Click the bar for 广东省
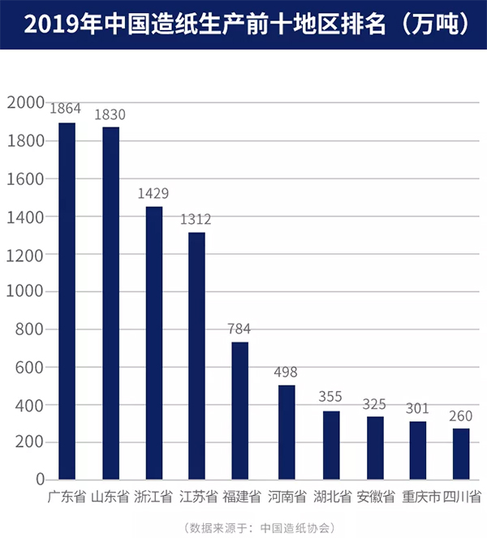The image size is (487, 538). click(x=67, y=301)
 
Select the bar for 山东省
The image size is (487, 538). click(x=110, y=303)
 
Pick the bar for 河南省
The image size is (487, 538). click(x=286, y=432)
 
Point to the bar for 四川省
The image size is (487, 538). click(x=460, y=454)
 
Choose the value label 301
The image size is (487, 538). click(x=417, y=407)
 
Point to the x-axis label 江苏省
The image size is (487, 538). click(x=197, y=497)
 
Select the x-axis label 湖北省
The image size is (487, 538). click(x=331, y=497)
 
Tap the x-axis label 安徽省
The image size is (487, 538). click(x=375, y=497)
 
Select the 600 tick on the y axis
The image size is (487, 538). click(x=28, y=367)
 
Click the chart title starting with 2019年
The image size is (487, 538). click(x=243, y=24)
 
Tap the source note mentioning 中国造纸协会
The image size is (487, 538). click(x=260, y=526)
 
